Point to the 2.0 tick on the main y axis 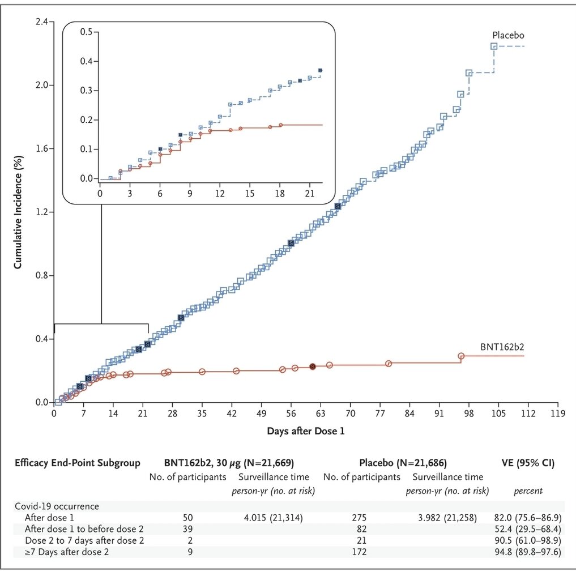(x=43, y=85)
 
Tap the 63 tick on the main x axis (x=321, y=413)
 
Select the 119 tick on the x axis (x=558, y=413)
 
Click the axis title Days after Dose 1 (x=306, y=431)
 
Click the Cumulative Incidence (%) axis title (x=18, y=213)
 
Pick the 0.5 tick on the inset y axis (x=86, y=32)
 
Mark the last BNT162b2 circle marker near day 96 (x=461, y=356)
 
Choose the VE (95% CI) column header (x=528, y=463)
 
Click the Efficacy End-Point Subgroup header (x=77, y=463)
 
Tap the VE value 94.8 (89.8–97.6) (x=527, y=552)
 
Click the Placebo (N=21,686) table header (x=403, y=463)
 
